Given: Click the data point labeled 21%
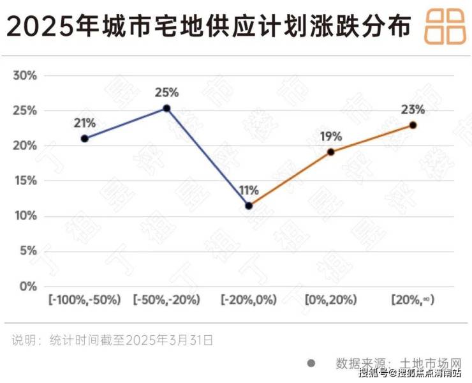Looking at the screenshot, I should pyautogui.click(x=85, y=139).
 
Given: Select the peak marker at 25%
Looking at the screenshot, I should pyautogui.click(x=166, y=109).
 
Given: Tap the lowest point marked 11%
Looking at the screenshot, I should pyautogui.click(x=249, y=206).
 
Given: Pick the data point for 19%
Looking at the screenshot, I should pyautogui.click(x=330, y=152).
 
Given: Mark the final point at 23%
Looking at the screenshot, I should pyautogui.click(x=413, y=125).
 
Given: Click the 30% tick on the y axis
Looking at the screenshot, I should pyautogui.click(x=26, y=75).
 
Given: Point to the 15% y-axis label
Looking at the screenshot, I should pyautogui.click(x=26, y=181).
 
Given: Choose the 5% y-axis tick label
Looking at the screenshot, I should pyautogui.click(x=28, y=251).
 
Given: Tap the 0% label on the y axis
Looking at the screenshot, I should pyautogui.click(x=28, y=287).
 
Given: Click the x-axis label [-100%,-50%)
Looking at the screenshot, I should pyautogui.click(x=85, y=299).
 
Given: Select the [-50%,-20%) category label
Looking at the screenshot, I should pyautogui.click(x=167, y=299).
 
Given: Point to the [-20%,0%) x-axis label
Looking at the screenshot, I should pyautogui.click(x=249, y=299).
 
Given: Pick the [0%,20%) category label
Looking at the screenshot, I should pyautogui.click(x=330, y=299).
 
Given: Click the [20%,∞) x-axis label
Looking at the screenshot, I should pyautogui.click(x=413, y=299).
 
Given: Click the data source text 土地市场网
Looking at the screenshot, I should pyautogui.click(x=421, y=363).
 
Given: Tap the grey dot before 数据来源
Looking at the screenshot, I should pyautogui.click(x=311, y=363).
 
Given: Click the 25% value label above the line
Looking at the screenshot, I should pyautogui.click(x=166, y=93).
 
